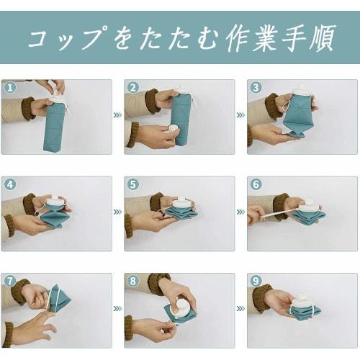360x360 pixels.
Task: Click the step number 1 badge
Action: [x=10, y=88]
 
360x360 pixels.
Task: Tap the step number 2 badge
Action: [x=133, y=88]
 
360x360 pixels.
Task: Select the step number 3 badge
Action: [x=256, y=88]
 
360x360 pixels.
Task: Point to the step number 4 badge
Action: [x=10, y=184]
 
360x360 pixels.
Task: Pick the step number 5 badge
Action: [x=133, y=184]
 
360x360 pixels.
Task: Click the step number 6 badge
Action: [x=256, y=184]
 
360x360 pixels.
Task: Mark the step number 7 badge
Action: [x=10, y=281]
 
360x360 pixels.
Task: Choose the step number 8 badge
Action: [x=133, y=281]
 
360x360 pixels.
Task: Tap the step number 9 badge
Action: [x=256, y=281]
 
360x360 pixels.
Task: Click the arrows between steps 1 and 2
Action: [x=118, y=115]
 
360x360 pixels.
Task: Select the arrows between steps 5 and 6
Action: [x=240, y=212]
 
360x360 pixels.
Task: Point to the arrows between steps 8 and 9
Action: [x=240, y=308]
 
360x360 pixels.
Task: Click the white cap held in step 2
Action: [x=174, y=130]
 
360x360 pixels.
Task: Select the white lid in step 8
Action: [x=183, y=309]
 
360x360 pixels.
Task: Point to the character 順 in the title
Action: [x=322, y=38]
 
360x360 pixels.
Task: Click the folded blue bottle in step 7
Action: [x=60, y=299]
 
